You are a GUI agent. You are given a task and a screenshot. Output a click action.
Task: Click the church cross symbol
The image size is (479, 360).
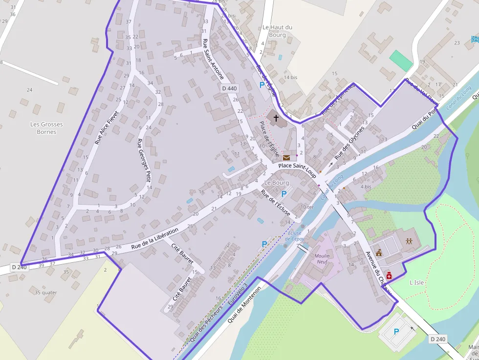coord(276,118)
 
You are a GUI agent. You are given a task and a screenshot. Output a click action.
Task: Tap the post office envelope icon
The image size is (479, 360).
coord(286,157)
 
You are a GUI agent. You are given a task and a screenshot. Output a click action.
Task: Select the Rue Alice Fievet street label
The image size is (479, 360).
coord(107,121)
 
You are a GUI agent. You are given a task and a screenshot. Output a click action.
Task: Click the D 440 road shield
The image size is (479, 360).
coord(229,88)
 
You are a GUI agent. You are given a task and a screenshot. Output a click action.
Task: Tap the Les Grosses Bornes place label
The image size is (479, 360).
coord(46,128)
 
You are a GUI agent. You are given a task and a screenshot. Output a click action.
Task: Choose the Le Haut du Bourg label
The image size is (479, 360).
coord(277,31)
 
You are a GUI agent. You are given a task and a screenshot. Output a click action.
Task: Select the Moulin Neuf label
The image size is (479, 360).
coord(322,259)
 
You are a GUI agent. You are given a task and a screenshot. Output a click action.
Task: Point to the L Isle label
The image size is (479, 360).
coord(416,282)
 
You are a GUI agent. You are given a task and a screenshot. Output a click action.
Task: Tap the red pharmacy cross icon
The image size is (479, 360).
coord(389,275)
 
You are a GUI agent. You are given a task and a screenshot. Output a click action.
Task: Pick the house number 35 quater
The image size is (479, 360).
coord(46,293)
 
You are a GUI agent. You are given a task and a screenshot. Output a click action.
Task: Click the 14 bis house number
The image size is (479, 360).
coord(290,77)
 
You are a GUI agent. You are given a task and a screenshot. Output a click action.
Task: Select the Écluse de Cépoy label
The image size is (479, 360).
coord(296,236)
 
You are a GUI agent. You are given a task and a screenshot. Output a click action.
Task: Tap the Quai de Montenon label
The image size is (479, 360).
coord(244,304)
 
